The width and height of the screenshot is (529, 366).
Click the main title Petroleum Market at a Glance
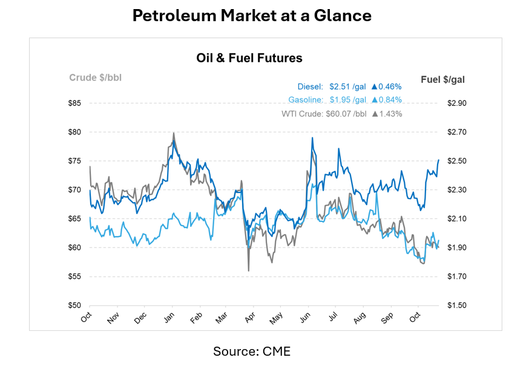[252, 16]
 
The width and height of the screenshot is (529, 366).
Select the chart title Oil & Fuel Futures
[249, 58]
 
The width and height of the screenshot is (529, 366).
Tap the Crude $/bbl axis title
[94, 77]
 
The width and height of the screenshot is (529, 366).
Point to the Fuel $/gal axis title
[442, 79]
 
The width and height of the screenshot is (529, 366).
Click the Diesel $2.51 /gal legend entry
[332, 87]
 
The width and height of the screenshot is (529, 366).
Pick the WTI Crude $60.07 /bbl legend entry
[324, 113]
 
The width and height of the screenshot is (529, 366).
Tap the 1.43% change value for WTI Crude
[390, 113]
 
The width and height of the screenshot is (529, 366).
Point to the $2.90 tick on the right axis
[456, 103]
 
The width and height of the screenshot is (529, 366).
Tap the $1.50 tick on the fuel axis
[456, 306]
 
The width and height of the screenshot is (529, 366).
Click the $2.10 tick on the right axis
[456, 218]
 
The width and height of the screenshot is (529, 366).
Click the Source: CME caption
[252, 351]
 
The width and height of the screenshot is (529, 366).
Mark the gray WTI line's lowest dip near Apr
[248, 270]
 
